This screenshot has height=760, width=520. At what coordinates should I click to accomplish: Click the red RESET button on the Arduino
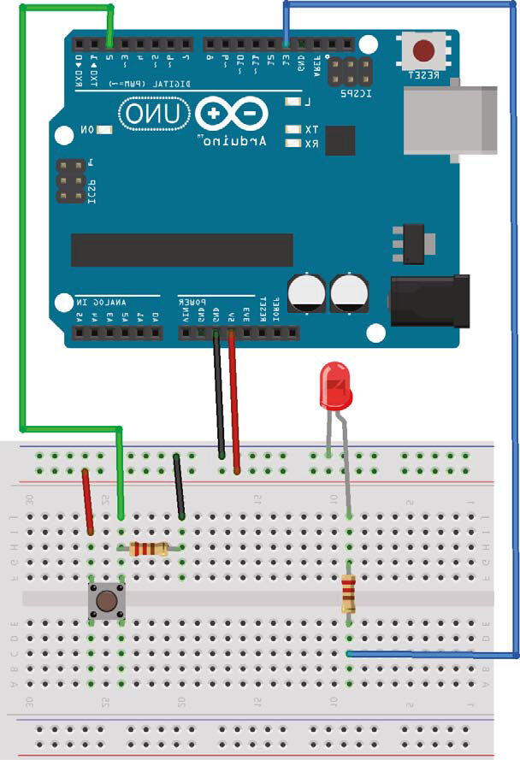tap(422, 51)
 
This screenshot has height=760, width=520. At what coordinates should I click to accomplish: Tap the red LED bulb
tap(334, 384)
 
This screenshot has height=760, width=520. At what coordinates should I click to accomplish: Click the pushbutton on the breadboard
tap(107, 601)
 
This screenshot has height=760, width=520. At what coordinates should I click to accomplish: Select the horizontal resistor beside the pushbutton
tap(149, 549)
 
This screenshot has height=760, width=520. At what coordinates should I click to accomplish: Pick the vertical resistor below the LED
tap(348, 593)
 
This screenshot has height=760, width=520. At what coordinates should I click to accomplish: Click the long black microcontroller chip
tap(181, 250)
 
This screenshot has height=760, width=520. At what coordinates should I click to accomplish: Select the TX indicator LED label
tap(310, 129)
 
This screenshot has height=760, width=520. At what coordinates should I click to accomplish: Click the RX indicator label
tap(310, 144)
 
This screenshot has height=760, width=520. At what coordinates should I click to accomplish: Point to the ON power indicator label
tap(87, 130)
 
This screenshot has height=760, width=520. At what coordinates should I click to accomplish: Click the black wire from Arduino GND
tap(219, 398)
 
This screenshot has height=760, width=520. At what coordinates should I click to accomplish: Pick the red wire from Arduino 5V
tap(233, 398)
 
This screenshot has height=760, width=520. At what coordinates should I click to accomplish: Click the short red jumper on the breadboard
tap(87, 502)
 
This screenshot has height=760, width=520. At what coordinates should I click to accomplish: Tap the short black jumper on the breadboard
tap(179, 487)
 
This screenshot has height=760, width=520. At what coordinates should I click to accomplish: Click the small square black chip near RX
tap(340, 140)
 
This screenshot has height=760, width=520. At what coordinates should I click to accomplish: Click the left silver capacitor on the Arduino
tap(306, 292)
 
